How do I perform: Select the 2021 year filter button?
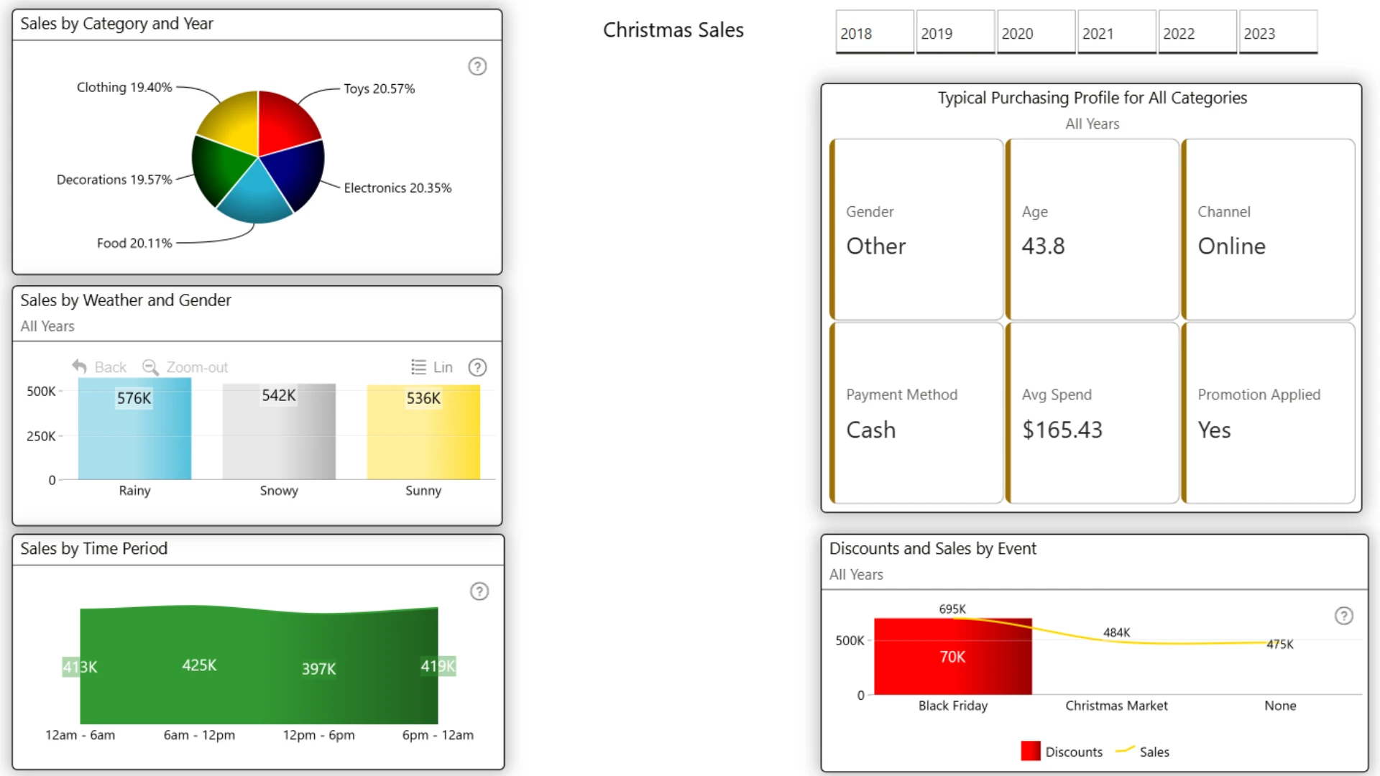point(1116,32)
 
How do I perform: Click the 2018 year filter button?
point(874,32)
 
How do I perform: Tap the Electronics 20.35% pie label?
point(397,188)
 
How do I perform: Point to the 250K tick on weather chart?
point(41,436)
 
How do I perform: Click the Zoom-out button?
point(185,367)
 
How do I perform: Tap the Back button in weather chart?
point(99,367)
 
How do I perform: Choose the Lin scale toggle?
point(432,367)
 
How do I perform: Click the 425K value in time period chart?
point(199,665)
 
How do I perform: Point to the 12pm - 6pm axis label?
point(318,735)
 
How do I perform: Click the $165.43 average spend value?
point(1062,430)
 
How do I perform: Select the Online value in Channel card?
point(1231,246)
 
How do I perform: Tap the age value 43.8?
point(1043,246)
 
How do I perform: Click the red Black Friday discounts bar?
point(953,656)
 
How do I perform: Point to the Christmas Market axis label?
point(1116,706)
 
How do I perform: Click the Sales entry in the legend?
point(1143,752)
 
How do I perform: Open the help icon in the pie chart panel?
point(477,66)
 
